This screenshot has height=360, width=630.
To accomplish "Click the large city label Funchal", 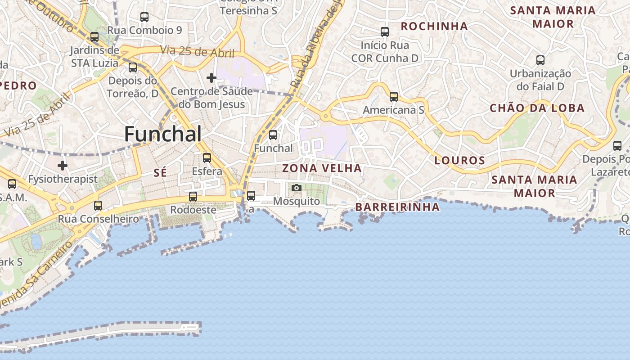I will [163, 134].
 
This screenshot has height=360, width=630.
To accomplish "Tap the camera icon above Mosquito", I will [296, 188].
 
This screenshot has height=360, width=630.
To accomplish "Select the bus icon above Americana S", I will [394, 96].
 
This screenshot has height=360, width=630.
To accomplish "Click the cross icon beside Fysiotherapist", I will [63, 166].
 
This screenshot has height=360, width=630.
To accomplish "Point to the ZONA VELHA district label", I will [322, 168].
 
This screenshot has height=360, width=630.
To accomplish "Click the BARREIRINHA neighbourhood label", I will [397, 207].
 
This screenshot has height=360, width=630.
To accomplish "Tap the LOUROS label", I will [459, 160].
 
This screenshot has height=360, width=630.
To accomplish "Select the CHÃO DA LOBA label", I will [537, 108].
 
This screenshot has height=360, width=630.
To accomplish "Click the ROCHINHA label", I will [434, 27].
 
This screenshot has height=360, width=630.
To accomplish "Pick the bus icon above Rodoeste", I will [193, 196].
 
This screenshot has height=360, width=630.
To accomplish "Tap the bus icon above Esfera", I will [207, 157].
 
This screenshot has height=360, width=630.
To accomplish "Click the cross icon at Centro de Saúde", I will [211, 78].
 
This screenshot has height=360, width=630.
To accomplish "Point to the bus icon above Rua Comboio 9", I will [144, 17].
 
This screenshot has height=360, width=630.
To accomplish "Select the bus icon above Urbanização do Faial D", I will [540, 60].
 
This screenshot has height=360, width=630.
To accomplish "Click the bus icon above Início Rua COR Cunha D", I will [385, 31].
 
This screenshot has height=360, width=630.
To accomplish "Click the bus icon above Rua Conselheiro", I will [98, 205].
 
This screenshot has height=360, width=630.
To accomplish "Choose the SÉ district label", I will [160, 172].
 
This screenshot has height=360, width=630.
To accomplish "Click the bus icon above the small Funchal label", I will [273, 135].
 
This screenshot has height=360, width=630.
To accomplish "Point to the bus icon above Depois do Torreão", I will [133, 67].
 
